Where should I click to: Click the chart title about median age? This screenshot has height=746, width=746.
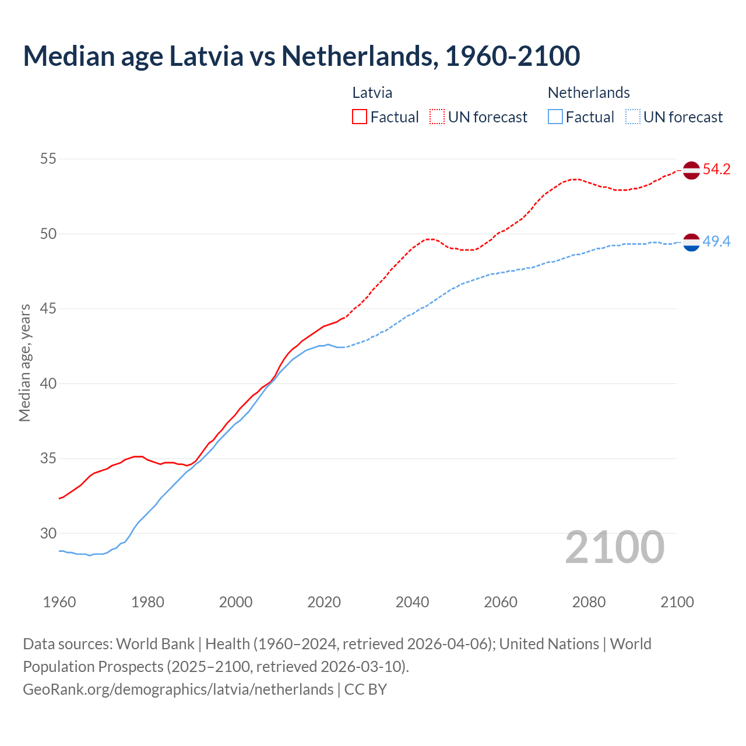[x=301, y=56]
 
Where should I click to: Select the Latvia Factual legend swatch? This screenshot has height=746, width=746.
[x=360, y=117]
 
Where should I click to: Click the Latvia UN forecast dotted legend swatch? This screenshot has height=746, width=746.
[x=437, y=117]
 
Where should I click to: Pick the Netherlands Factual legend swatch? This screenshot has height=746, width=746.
[x=555, y=117]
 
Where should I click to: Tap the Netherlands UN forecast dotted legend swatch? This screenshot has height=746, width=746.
[x=632, y=117]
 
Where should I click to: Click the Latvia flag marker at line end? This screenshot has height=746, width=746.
[x=691, y=170]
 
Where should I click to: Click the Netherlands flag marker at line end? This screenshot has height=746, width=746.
[x=691, y=242]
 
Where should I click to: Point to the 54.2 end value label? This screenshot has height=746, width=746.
[x=716, y=170]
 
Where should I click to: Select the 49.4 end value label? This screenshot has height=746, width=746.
[x=716, y=241]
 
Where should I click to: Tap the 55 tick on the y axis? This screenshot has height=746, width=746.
[x=48, y=159]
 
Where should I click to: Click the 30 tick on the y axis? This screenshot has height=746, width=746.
[x=48, y=533]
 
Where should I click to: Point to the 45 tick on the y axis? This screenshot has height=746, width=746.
[x=48, y=308]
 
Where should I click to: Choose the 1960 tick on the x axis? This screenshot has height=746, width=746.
[x=59, y=602]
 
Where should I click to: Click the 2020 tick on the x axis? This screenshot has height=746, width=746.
[x=324, y=602]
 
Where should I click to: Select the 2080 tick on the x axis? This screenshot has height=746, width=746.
[x=589, y=602]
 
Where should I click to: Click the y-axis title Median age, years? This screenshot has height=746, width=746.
[x=24, y=363]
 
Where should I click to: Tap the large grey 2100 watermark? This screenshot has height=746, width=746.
[x=615, y=547]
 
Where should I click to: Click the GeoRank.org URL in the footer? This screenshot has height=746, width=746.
[x=178, y=689]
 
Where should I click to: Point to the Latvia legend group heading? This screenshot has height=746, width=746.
[x=372, y=93]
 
